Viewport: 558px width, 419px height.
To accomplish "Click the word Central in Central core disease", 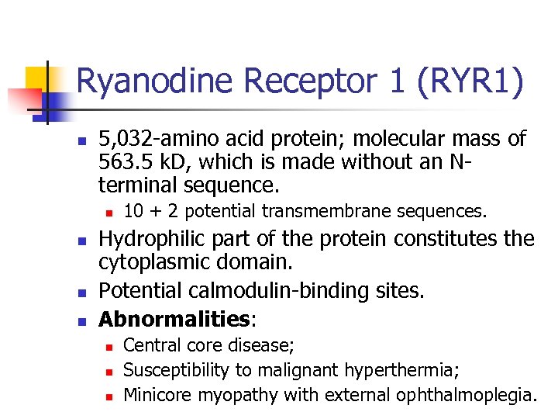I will pyautogui.click(x=150, y=345).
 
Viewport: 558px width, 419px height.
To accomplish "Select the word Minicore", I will pyautogui.click(x=158, y=395).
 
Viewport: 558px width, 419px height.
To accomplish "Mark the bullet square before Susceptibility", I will pyautogui.click(x=109, y=371).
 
